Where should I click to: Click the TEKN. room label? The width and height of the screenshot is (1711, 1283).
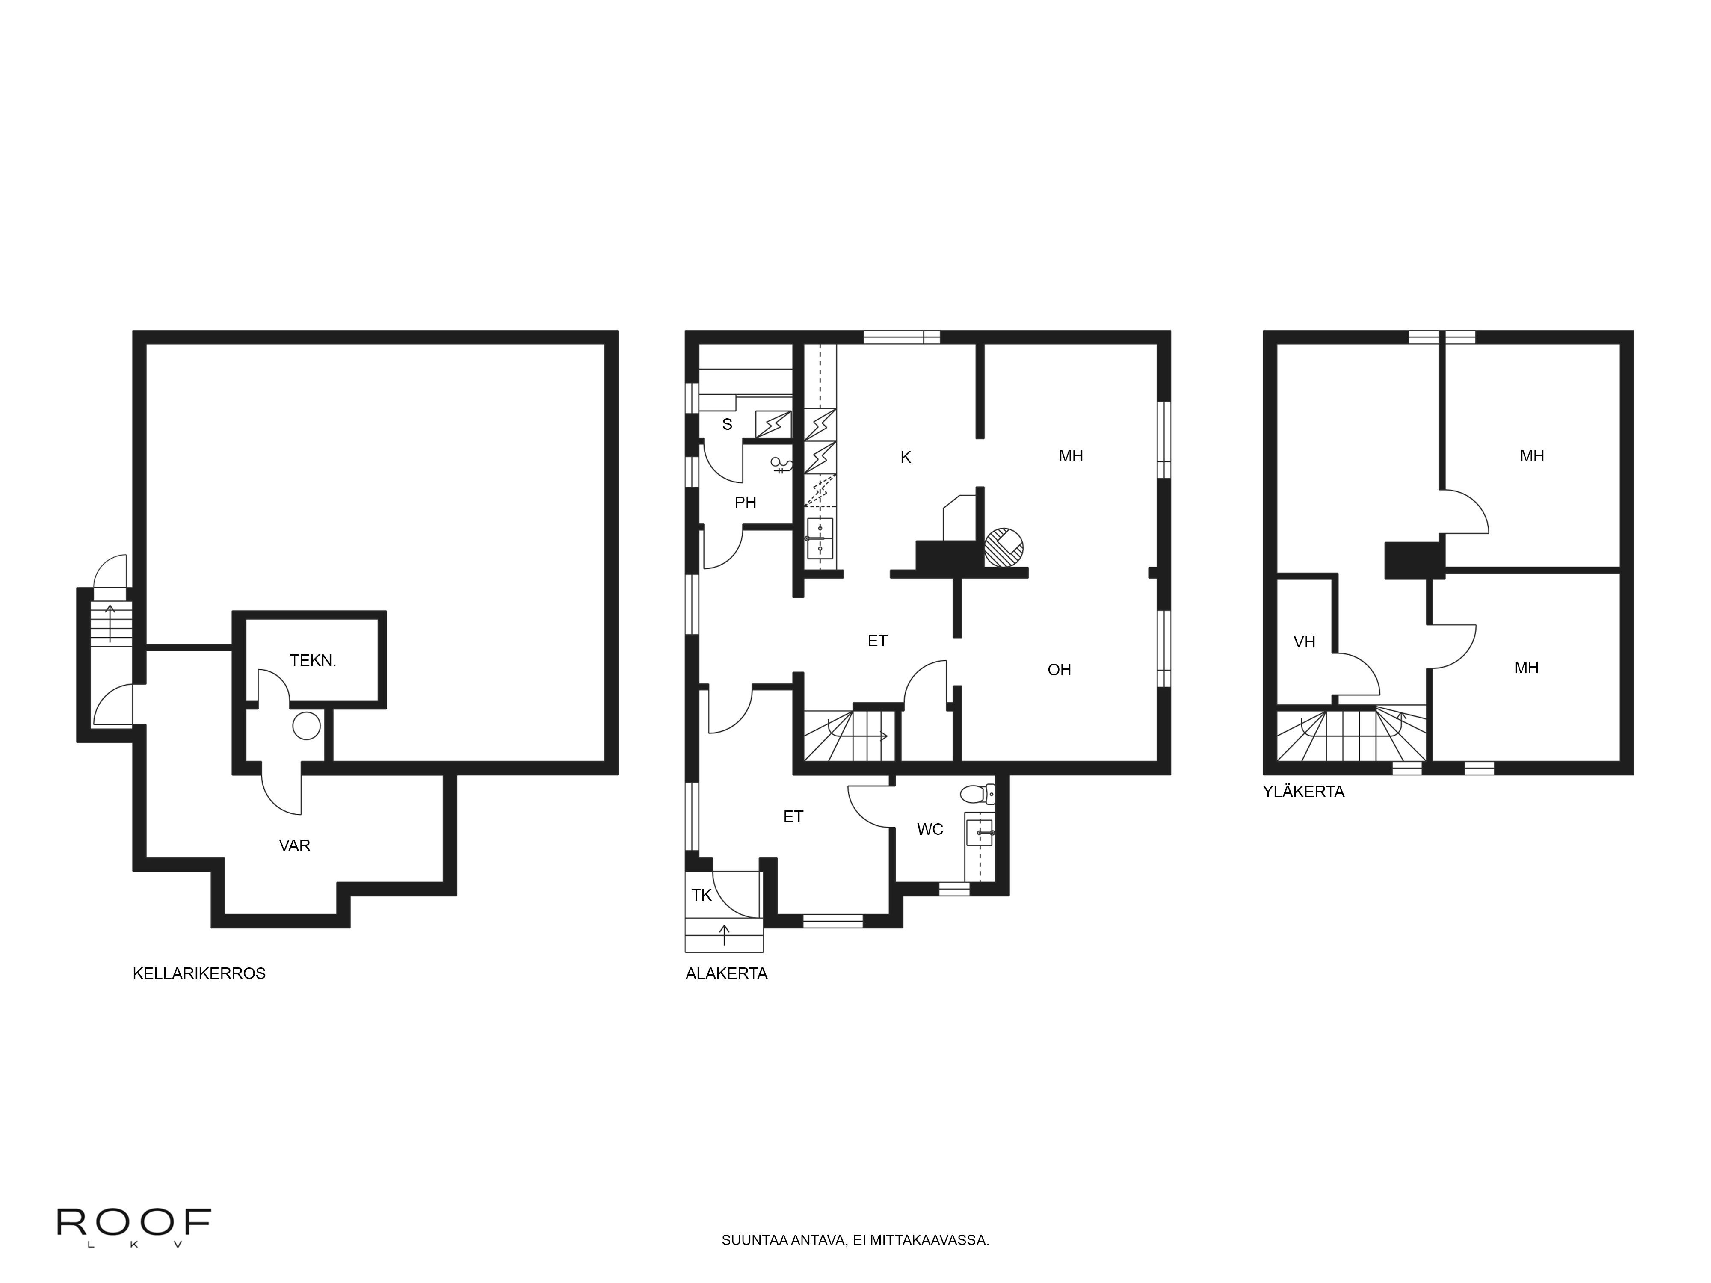click(x=313, y=660)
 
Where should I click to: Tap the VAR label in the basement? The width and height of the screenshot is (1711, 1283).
click(x=295, y=845)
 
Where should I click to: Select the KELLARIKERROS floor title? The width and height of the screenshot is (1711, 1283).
click(x=199, y=974)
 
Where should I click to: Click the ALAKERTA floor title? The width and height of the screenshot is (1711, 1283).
click(x=726, y=974)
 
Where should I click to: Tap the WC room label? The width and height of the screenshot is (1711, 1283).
click(x=930, y=829)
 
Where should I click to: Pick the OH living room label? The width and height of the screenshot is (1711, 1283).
click(x=1059, y=670)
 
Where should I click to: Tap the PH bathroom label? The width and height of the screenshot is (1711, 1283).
click(x=745, y=503)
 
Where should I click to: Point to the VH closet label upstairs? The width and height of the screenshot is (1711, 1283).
click(x=1304, y=642)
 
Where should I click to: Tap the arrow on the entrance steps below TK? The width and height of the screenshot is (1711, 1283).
click(x=724, y=934)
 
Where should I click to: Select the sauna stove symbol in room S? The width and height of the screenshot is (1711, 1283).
click(x=773, y=424)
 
